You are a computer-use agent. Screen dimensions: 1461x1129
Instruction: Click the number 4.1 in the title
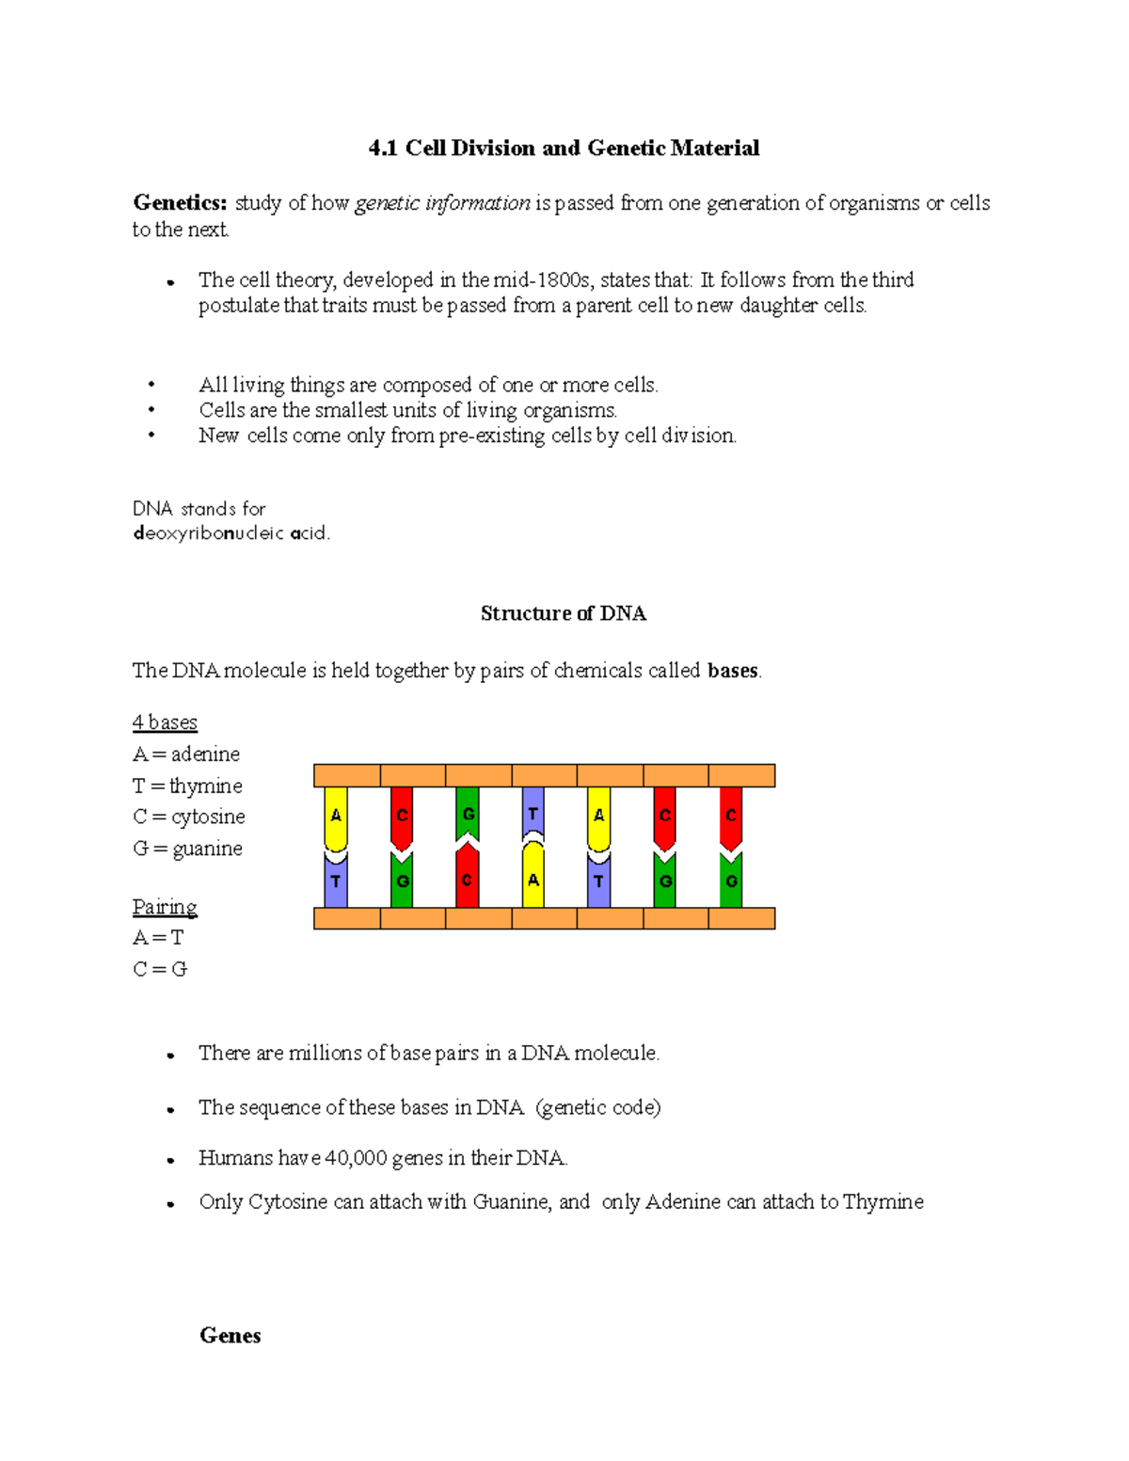click(384, 148)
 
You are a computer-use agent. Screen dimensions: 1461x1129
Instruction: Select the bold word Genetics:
click(180, 203)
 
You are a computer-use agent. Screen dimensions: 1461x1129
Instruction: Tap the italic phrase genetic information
click(442, 203)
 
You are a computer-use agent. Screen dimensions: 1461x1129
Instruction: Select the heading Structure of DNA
click(563, 613)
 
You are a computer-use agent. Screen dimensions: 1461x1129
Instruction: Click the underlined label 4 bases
click(165, 723)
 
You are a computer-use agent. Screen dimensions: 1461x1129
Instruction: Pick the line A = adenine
click(186, 754)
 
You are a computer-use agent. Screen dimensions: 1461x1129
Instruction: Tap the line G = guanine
click(187, 849)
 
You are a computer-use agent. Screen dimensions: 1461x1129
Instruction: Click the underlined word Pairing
click(165, 907)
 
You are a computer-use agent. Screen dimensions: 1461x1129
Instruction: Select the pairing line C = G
click(160, 969)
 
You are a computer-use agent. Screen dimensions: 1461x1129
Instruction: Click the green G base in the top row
click(468, 813)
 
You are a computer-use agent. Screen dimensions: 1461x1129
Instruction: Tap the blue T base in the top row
click(533, 811)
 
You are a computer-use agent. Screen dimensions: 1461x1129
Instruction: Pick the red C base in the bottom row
click(467, 880)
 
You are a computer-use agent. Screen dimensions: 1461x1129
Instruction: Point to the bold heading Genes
click(230, 1336)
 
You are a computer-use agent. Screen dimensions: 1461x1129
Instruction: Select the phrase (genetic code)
click(598, 1107)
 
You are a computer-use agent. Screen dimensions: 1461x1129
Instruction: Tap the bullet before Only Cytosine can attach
click(170, 1204)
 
